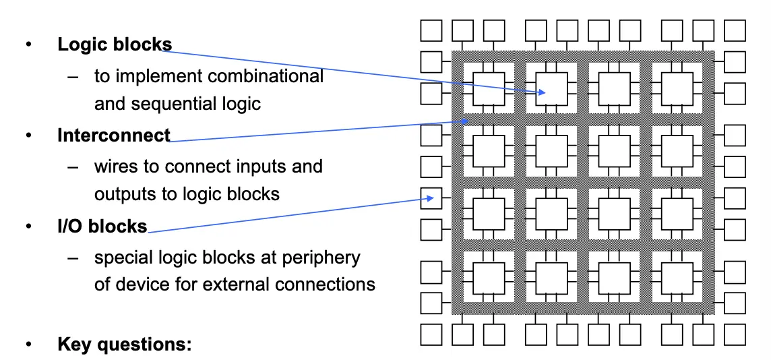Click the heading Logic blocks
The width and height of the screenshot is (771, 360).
point(115,44)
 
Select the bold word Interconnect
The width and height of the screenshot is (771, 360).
point(114,136)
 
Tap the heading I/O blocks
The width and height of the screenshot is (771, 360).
point(102,227)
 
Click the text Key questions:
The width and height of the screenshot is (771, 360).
point(125,344)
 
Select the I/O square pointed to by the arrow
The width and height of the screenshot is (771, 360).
point(431,198)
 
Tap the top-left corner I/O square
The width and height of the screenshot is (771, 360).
point(431,30)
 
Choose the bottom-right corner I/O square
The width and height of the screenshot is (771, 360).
point(735,334)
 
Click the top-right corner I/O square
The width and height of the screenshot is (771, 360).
point(735,30)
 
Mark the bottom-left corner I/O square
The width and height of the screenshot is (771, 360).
point(431,334)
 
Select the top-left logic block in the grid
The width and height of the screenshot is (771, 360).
point(489,89)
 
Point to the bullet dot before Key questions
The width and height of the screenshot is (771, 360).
point(29,345)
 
